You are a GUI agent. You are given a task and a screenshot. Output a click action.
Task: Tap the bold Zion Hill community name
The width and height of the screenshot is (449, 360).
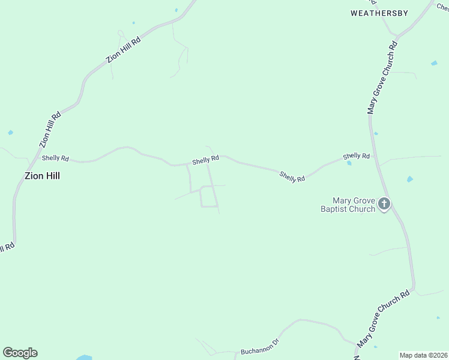tap(42, 176)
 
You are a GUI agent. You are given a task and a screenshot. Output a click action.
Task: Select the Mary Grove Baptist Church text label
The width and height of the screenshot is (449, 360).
tap(354, 205)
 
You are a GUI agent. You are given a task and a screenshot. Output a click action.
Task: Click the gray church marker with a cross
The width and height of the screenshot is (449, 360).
tap(384, 204)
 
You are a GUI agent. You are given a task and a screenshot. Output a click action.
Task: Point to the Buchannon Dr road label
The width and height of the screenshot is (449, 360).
tap(260, 347)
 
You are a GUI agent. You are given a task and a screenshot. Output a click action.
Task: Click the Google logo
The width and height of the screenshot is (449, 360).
tap(20, 353)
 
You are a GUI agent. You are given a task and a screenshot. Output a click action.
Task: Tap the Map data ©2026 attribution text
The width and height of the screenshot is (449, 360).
tap(423, 355)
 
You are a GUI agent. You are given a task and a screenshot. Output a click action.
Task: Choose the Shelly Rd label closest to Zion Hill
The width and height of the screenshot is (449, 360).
tap(55, 158)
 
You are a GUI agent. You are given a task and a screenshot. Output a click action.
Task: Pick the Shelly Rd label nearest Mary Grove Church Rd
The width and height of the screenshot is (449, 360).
tap(356, 156)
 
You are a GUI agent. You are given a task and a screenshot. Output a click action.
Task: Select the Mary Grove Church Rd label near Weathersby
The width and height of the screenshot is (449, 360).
tap(382, 78)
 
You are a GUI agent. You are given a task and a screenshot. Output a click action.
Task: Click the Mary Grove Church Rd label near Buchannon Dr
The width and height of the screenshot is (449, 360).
tap(383, 318)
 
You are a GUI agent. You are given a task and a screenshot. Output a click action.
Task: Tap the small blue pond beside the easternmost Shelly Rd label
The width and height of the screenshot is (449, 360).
tap(349, 163)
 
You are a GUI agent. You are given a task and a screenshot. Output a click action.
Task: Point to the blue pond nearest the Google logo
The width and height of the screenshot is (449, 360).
tap(84, 358)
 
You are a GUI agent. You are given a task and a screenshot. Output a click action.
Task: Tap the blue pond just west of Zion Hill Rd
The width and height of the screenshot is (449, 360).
tap(10, 133)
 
